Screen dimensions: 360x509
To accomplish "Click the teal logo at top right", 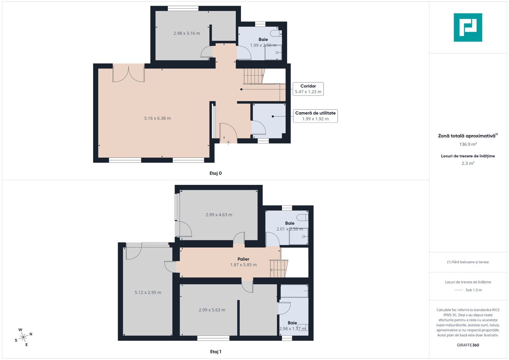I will (x=468, y=27).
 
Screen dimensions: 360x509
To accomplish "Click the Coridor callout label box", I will (x=308, y=89).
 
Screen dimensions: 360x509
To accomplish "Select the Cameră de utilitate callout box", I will (x=315, y=116).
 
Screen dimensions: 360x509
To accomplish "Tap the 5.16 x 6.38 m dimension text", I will (x=157, y=118).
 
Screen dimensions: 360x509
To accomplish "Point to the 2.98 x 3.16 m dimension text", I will (x=187, y=33).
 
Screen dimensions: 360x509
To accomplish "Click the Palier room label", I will (x=243, y=259).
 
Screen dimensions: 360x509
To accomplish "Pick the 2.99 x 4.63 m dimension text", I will (x=219, y=215).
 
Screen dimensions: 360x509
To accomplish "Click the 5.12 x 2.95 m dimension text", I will (x=148, y=293).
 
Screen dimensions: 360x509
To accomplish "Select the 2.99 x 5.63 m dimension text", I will (x=212, y=310).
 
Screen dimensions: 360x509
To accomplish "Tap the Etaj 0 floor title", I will (x=215, y=173).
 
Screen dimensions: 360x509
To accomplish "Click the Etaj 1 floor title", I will (x=215, y=352).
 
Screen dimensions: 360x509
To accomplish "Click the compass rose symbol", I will (x=23, y=337).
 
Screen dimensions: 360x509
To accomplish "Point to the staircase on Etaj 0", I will (x=254, y=76).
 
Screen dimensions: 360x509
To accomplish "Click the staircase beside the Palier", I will (x=278, y=269).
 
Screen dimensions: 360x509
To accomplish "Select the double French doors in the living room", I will (x=128, y=73).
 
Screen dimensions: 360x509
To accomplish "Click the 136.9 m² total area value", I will (x=468, y=144).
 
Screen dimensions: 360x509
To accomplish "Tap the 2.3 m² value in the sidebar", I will (x=468, y=163).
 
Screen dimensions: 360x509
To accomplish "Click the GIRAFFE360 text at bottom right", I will (x=468, y=345).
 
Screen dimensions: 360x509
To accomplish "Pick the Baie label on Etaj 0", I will (x=263, y=39).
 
